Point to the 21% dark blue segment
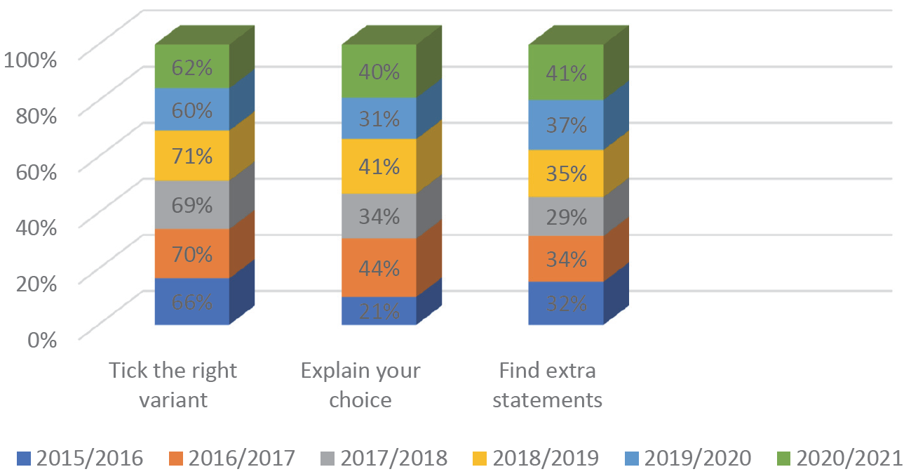[x=379, y=310]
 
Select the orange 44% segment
[x=379, y=268]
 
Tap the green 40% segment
[x=379, y=72]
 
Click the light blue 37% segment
[x=567, y=125]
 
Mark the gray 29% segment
[x=567, y=216]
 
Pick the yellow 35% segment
[x=567, y=173]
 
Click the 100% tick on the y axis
[x=31, y=59]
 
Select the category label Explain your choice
[x=360, y=385]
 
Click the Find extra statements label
[x=547, y=385]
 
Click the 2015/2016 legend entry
[x=80, y=459]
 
